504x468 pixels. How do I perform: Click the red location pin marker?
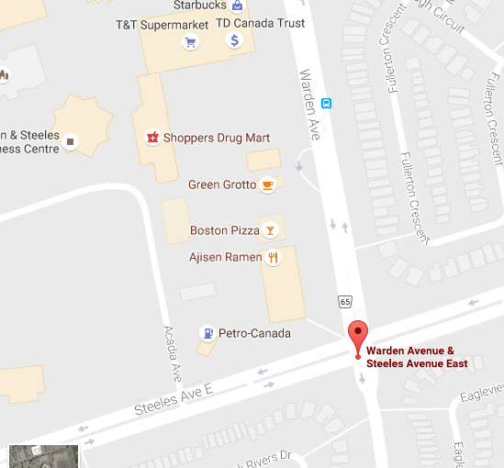[x=358, y=337]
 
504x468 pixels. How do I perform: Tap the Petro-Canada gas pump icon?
[x=208, y=333]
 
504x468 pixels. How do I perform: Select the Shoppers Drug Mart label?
[x=217, y=138]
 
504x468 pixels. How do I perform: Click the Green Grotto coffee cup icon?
[x=267, y=184]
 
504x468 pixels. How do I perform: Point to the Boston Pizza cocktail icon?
[x=270, y=229]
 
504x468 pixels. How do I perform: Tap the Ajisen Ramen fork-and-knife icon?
[x=272, y=258]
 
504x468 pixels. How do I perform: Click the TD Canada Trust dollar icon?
[x=234, y=40]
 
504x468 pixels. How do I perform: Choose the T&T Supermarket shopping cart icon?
[x=190, y=41]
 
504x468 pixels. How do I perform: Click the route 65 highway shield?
[x=344, y=301]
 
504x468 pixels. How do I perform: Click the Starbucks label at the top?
[x=198, y=6]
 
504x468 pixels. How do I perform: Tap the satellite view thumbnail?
[x=43, y=455]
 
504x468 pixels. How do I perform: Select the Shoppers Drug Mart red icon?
[x=152, y=138]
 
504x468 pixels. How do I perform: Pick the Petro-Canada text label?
[x=254, y=333]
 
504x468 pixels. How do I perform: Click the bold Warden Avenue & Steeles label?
[x=417, y=357]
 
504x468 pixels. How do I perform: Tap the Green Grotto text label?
[x=222, y=184]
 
